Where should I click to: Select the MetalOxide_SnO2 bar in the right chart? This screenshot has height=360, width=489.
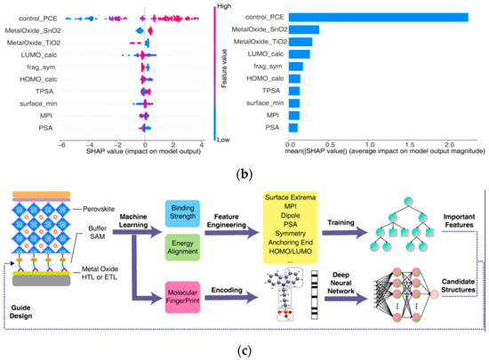pos(304,29)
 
